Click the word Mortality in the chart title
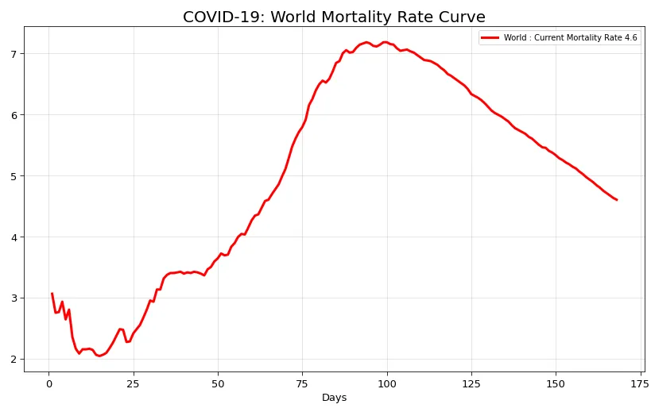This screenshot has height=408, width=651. point(340,17)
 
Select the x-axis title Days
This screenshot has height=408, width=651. point(334,398)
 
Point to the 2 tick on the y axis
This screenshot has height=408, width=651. point(15,360)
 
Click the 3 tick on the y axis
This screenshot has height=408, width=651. point(15,298)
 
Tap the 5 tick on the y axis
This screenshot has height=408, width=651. point(15,176)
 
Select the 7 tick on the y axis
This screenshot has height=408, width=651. point(15,54)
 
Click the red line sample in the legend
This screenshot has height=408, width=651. point(490,37)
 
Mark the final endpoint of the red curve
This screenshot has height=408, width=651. point(617,200)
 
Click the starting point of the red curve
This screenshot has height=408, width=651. point(52,294)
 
